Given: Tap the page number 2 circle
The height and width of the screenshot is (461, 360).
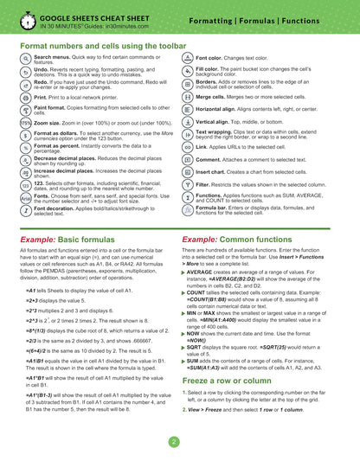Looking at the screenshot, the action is point(173,441).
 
